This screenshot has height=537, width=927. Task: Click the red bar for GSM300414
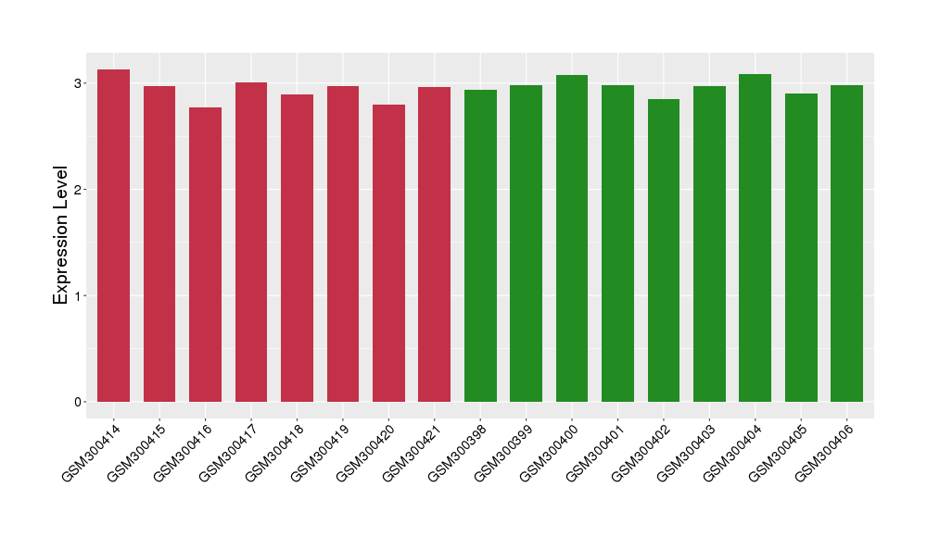click(113, 236)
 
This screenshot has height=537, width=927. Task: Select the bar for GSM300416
click(205, 255)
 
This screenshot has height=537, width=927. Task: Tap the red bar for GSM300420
click(388, 253)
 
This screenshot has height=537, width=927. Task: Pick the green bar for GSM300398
click(480, 245)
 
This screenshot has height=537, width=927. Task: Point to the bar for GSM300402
click(664, 250)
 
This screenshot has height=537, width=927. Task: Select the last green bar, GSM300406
click(846, 244)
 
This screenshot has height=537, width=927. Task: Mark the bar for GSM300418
click(297, 248)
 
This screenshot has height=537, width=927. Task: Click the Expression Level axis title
click(61, 235)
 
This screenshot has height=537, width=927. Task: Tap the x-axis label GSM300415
click(138, 449)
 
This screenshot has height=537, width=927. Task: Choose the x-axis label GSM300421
click(413, 449)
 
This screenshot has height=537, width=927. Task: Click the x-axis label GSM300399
click(504, 449)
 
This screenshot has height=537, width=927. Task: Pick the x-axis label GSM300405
click(779, 449)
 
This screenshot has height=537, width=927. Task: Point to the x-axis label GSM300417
click(230, 449)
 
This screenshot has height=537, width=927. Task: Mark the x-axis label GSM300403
click(687, 449)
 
